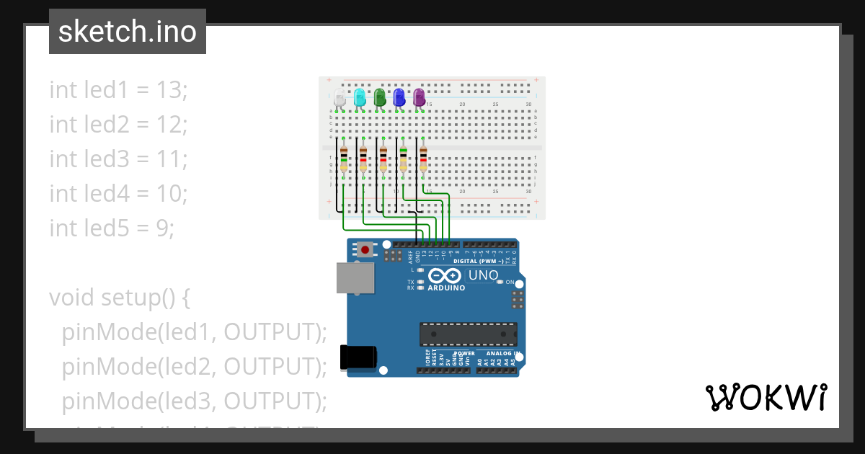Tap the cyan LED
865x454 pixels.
[x=360, y=97]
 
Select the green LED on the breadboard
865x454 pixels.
[x=380, y=97]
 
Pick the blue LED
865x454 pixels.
[x=399, y=97]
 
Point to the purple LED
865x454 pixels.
[x=420, y=97]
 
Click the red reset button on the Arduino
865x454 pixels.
[x=366, y=250]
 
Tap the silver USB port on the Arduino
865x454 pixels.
[x=355, y=278]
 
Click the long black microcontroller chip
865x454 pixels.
[x=469, y=334]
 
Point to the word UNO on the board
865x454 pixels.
[x=483, y=275]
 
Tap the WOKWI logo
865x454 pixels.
[x=766, y=397]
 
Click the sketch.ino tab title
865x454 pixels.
[x=128, y=32]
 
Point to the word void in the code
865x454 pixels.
[x=71, y=297]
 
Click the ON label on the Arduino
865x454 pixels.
[x=510, y=282]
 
